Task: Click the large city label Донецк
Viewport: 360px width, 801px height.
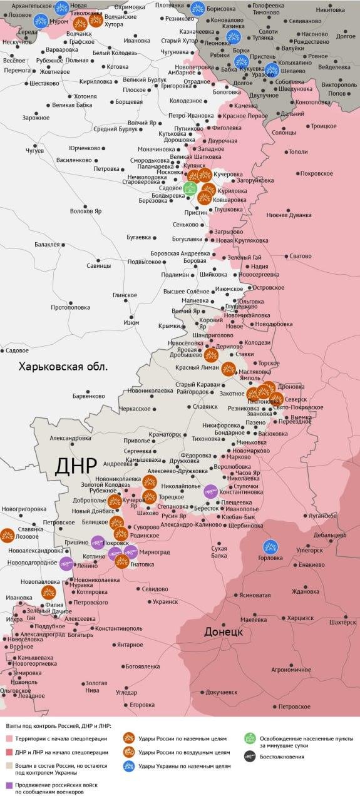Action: pos(223,632)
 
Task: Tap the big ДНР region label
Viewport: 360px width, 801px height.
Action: pos(76,467)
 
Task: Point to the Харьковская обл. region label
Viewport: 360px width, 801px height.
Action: pos(63,367)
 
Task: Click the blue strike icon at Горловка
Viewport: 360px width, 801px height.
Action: pos(270,546)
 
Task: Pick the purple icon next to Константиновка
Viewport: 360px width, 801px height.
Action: pos(210,491)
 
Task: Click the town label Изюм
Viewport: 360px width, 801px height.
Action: pos(131,322)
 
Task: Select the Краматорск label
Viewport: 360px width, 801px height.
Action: pos(165,434)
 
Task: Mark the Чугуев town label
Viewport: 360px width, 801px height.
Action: pos(34,151)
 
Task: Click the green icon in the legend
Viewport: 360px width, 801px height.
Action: pos(249,738)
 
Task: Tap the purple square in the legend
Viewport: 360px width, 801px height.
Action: pos(9,785)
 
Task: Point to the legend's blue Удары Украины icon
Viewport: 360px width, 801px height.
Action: pos(129,767)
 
